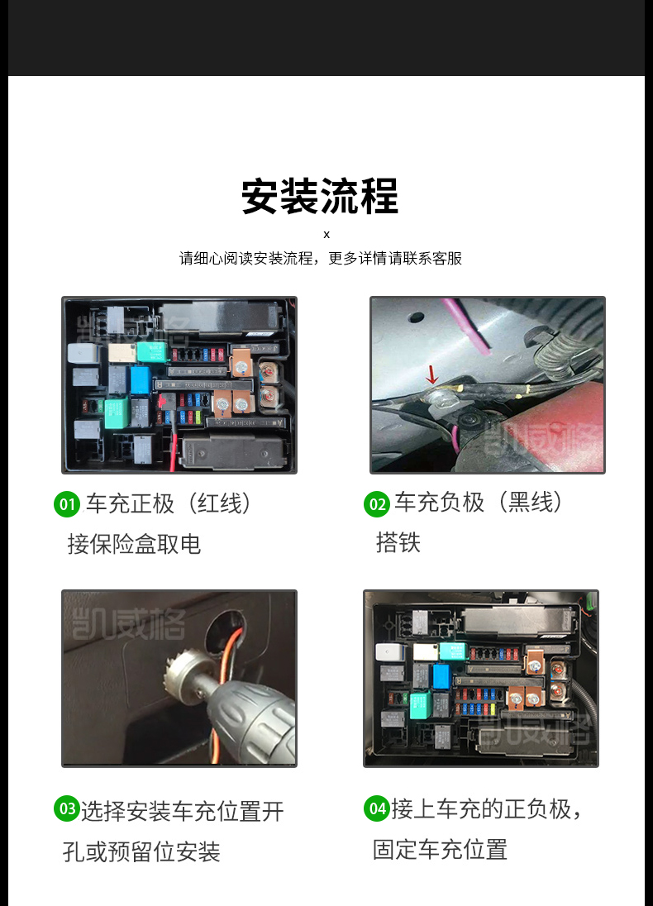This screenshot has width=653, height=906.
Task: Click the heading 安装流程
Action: point(320,197)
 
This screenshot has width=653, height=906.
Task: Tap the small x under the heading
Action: point(326,235)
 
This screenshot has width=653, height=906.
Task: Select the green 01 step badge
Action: point(67,504)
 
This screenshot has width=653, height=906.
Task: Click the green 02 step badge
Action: point(377,504)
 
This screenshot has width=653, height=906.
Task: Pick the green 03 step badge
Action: point(67,808)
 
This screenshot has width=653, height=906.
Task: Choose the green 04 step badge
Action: point(377,808)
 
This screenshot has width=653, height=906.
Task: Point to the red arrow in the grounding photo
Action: point(431,375)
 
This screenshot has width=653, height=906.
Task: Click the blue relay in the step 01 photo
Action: point(141,379)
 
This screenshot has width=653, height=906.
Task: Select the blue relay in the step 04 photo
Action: point(441,676)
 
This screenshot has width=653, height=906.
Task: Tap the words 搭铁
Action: point(398,542)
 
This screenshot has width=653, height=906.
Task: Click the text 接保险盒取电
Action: point(134,544)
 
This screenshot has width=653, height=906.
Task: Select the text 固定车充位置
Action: point(440,850)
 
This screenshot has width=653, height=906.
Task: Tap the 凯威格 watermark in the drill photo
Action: point(128,624)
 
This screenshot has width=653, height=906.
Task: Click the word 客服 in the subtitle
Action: point(447,258)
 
